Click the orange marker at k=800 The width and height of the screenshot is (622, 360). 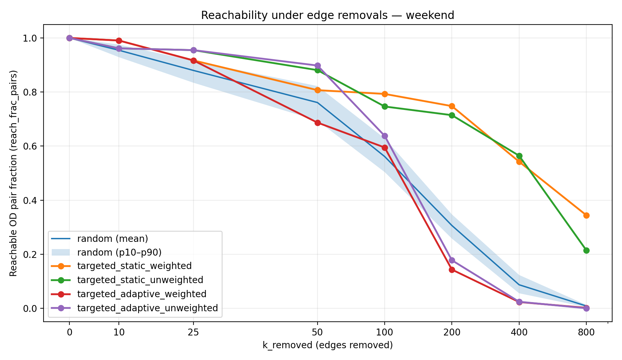coord(586,215)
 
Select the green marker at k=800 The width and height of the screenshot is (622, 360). coord(586,250)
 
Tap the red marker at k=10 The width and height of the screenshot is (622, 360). coord(119,41)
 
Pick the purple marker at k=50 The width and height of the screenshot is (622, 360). coord(318,65)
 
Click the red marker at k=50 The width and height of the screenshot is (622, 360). coord(318,123)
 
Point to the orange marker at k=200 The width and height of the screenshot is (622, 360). coord(452,106)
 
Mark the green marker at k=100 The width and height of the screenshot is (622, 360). coord(385,106)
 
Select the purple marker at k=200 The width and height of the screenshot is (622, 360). coord(452,260)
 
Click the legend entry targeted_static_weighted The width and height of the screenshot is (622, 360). coord(134,266)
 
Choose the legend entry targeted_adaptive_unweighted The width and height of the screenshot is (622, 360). coord(147,308)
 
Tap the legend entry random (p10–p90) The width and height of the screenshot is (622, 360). coord(119,252)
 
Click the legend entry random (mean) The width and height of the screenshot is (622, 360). coord(112,239)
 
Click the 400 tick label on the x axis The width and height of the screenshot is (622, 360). coord(519,333)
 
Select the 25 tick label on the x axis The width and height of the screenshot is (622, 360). coord(193,333)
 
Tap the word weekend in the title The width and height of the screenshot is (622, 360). coord(430,15)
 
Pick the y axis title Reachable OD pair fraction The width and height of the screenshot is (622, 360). coord(13,173)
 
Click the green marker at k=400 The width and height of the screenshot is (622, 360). coord(519,156)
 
